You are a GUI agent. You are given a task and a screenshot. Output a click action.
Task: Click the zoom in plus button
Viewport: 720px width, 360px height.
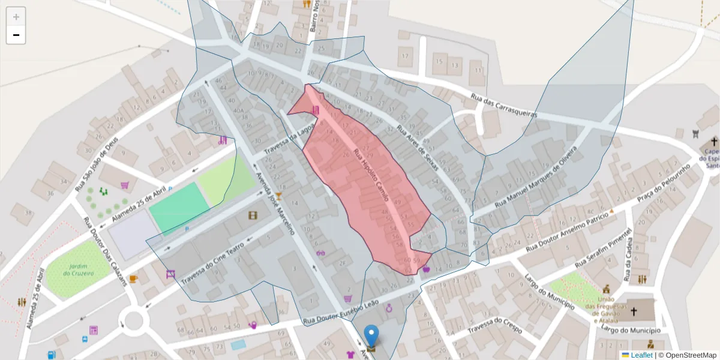16,17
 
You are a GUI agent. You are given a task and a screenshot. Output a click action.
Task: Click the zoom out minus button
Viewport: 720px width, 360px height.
16,35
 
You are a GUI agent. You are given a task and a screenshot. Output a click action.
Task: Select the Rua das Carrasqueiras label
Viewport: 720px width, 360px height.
503,106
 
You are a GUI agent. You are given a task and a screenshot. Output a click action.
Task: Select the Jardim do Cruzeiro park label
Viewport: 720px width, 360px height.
78,269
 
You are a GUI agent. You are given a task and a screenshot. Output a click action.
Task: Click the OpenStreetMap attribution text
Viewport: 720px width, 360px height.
687,355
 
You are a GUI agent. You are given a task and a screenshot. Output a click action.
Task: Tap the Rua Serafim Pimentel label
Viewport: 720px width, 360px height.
603,248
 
